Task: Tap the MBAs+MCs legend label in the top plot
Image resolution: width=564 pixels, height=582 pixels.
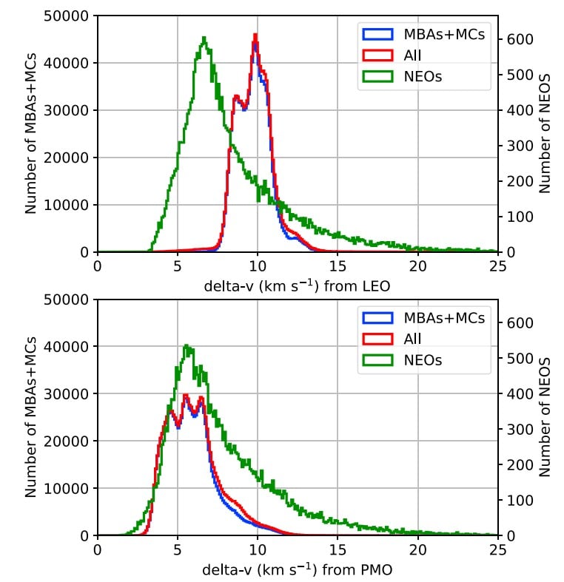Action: tap(445, 34)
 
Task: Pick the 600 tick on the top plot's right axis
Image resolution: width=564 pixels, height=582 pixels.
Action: tap(517, 39)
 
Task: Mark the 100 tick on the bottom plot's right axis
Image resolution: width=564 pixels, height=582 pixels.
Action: tap(517, 500)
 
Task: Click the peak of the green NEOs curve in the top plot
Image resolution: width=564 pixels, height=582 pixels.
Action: tap(204, 38)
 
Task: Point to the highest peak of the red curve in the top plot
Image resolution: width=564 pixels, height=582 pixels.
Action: tap(255, 34)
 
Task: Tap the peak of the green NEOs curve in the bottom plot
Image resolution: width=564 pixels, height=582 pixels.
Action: tap(186, 345)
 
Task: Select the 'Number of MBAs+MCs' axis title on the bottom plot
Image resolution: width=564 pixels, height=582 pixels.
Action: tap(31, 417)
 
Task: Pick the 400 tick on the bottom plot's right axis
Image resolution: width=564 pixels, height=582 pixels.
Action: tap(517, 393)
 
